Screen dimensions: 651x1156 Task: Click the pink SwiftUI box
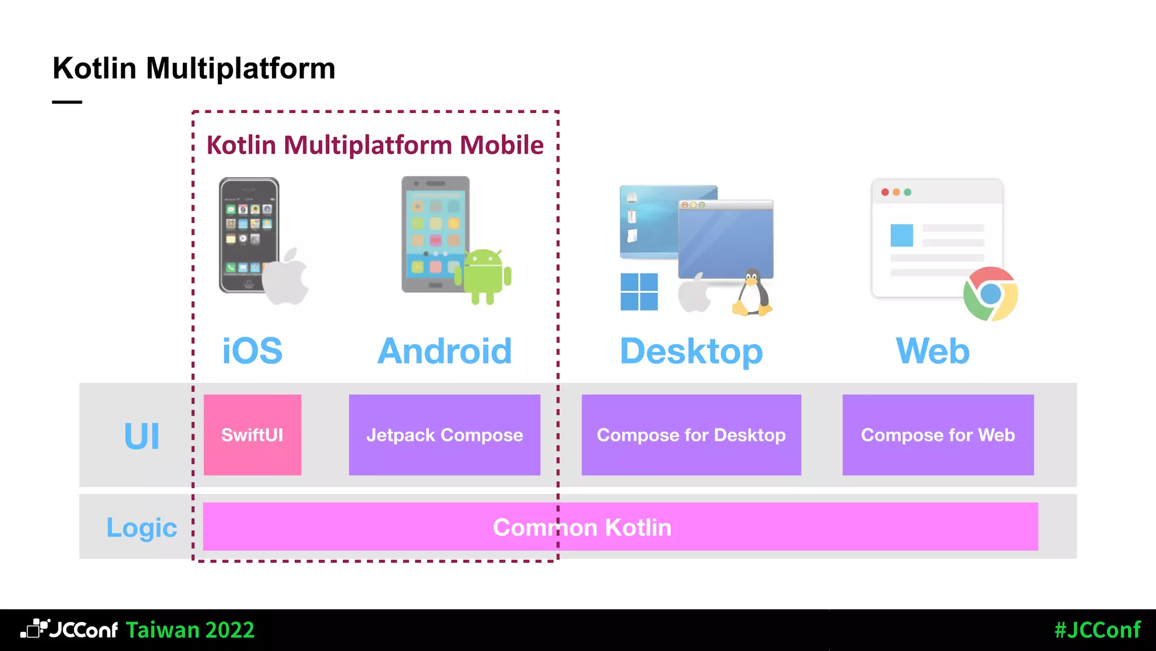click(252, 435)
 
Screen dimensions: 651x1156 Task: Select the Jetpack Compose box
click(444, 435)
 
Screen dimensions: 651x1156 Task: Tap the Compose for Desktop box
click(691, 435)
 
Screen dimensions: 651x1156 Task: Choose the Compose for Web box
click(938, 435)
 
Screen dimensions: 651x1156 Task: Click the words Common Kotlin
click(582, 527)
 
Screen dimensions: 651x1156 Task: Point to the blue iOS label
click(252, 351)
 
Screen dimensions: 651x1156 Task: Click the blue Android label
click(445, 351)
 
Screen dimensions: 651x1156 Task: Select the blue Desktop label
click(691, 351)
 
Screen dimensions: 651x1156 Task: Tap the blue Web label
click(932, 351)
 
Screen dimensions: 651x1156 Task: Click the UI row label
click(142, 436)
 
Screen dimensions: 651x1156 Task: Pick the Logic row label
click(142, 528)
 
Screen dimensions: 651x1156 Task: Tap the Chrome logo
click(991, 294)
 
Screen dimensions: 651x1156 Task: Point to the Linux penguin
click(752, 293)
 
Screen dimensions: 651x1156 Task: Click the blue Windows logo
click(639, 292)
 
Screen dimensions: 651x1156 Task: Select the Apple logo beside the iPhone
click(286, 277)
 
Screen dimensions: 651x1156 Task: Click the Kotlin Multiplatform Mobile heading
click(375, 145)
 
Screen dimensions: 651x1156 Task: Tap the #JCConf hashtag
click(1097, 630)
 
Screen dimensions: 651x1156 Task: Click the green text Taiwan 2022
click(190, 630)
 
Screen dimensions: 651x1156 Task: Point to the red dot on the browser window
click(885, 192)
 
